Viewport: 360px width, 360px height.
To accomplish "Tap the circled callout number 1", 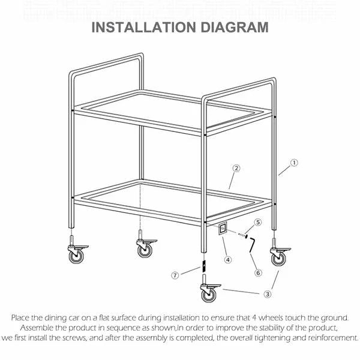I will click(x=294, y=162).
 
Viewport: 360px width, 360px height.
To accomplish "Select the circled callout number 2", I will click(x=236, y=169).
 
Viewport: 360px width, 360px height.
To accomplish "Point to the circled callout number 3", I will click(x=268, y=293).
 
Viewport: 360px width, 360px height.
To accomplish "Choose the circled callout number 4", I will click(x=228, y=260).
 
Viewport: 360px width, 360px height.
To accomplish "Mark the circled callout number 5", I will click(x=257, y=222).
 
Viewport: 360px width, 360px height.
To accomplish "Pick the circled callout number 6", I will click(x=258, y=272).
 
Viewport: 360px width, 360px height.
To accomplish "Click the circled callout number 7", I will click(x=175, y=275).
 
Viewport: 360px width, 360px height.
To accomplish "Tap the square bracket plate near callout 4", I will click(x=222, y=229).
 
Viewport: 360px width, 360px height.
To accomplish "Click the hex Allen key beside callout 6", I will click(x=252, y=244).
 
